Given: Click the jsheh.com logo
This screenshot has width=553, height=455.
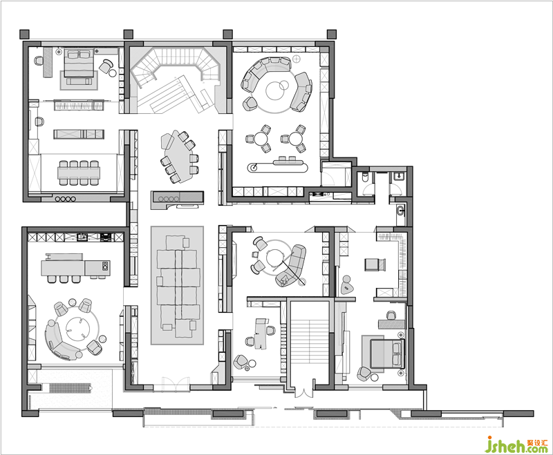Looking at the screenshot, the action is coord(516,445).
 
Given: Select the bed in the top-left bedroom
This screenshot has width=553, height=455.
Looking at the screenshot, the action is coord(78,63).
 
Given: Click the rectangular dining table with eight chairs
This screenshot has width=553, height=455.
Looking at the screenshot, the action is coord(79,173).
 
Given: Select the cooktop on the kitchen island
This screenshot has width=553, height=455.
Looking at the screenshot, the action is coord(105,266).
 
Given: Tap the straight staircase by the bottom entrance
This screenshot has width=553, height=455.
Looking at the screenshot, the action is coord(309,343).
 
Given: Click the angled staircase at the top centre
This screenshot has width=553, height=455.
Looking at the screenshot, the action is coord(176,80).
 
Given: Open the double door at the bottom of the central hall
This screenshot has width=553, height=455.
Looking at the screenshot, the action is coord(176,385).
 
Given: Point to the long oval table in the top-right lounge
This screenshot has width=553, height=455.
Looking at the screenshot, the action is coord(278,166).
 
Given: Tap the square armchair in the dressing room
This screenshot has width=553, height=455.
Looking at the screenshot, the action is coord(375,264).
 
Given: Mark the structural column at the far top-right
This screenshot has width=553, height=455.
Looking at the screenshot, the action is coord(332,34).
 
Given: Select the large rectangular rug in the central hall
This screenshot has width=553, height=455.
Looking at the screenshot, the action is coord(177,285).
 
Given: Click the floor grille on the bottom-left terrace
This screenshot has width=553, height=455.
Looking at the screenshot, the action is coord(69,388).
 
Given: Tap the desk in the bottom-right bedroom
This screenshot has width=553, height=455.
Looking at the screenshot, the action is coord(391,324).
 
